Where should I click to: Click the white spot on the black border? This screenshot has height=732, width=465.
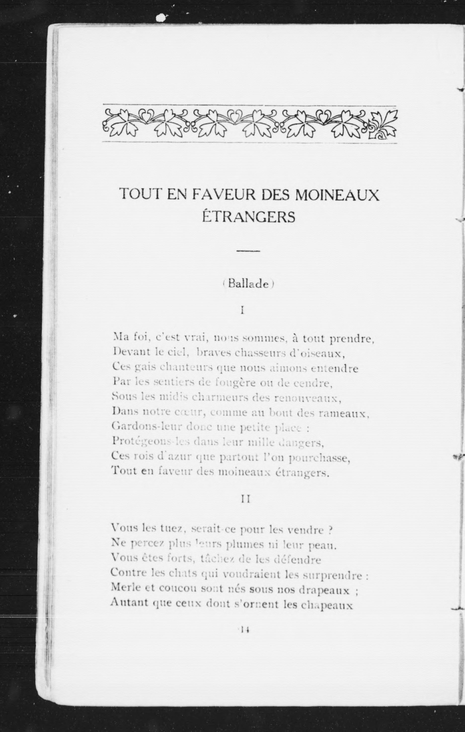pos(162,17)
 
